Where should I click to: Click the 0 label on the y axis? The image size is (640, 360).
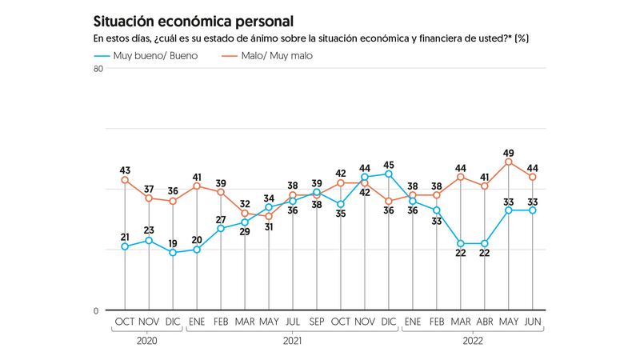tap(97, 310)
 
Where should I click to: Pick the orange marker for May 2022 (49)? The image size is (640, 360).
tap(509, 162)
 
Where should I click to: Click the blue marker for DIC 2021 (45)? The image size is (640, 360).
tap(389, 174)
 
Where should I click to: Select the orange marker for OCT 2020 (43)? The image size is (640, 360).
tap(125, 180)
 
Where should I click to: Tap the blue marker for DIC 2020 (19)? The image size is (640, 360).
tap(173, 253)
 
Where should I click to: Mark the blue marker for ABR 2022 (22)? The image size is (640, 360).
tap(485, 243)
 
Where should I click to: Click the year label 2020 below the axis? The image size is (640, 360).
tap(149, 340)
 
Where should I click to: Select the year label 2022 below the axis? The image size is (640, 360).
tap(473, 340)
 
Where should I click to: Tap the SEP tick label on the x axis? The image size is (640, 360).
tap(317, 322)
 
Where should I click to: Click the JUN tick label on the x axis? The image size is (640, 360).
tap(533, 322)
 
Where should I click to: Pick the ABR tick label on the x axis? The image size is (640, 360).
tap(485, 322)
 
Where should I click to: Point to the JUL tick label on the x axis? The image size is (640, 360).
tap(293, 322)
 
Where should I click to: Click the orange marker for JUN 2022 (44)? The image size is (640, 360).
tap(533, 177)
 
